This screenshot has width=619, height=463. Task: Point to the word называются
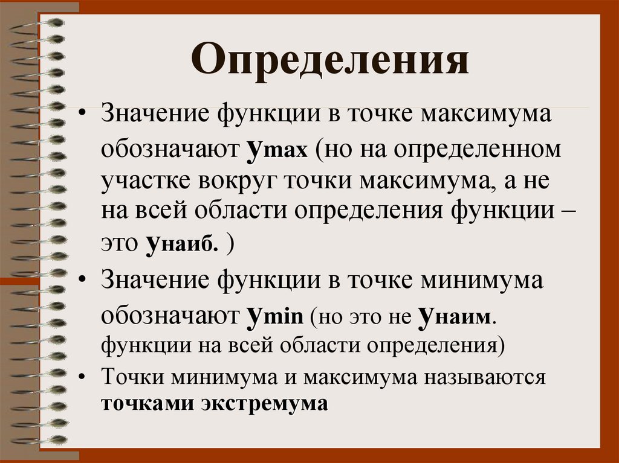(487, 378)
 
